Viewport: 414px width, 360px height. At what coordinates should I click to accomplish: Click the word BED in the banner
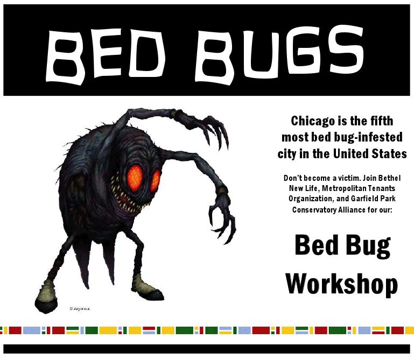(x=106, y=55)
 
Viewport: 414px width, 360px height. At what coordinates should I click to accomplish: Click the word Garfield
(x=365, y=199)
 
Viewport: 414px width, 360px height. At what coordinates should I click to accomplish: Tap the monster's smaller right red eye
(x=156, y=180)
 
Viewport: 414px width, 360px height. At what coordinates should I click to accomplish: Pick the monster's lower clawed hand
(x=222, y=216)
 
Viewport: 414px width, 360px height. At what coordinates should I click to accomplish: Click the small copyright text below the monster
(x=80, y=308)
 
